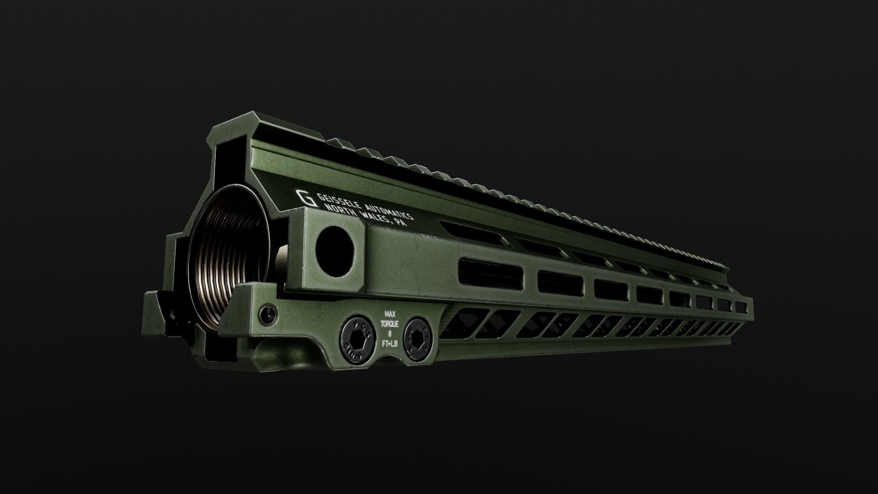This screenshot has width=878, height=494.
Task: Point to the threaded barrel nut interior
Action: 229,256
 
